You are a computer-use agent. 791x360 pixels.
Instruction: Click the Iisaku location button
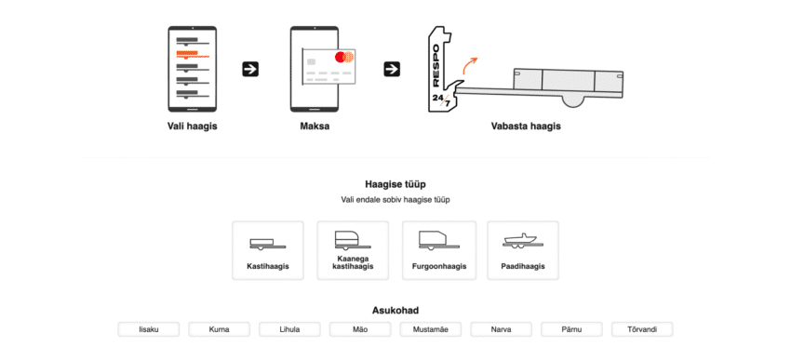149,329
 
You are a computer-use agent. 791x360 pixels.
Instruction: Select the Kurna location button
219,329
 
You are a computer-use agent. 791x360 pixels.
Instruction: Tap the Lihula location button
289,329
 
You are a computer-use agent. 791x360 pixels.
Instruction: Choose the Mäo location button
360,329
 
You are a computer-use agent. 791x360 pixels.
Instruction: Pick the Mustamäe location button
430,329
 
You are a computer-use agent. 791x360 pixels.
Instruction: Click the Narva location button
501,329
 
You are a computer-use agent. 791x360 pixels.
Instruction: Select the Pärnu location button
571,329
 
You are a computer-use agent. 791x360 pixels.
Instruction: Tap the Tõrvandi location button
642,329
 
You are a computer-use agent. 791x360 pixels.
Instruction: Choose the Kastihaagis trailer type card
268,250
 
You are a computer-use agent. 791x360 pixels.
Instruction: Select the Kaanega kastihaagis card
353,250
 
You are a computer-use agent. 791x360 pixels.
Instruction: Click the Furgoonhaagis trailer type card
439,250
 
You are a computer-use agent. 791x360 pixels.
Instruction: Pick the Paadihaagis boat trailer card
523,250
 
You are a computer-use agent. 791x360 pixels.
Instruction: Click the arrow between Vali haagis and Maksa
250,69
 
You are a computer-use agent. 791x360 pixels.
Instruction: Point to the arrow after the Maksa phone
392,69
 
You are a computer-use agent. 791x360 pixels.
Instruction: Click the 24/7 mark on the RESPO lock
441,100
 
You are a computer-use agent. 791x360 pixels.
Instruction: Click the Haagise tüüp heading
395,184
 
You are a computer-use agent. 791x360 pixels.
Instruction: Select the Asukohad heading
395,311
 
